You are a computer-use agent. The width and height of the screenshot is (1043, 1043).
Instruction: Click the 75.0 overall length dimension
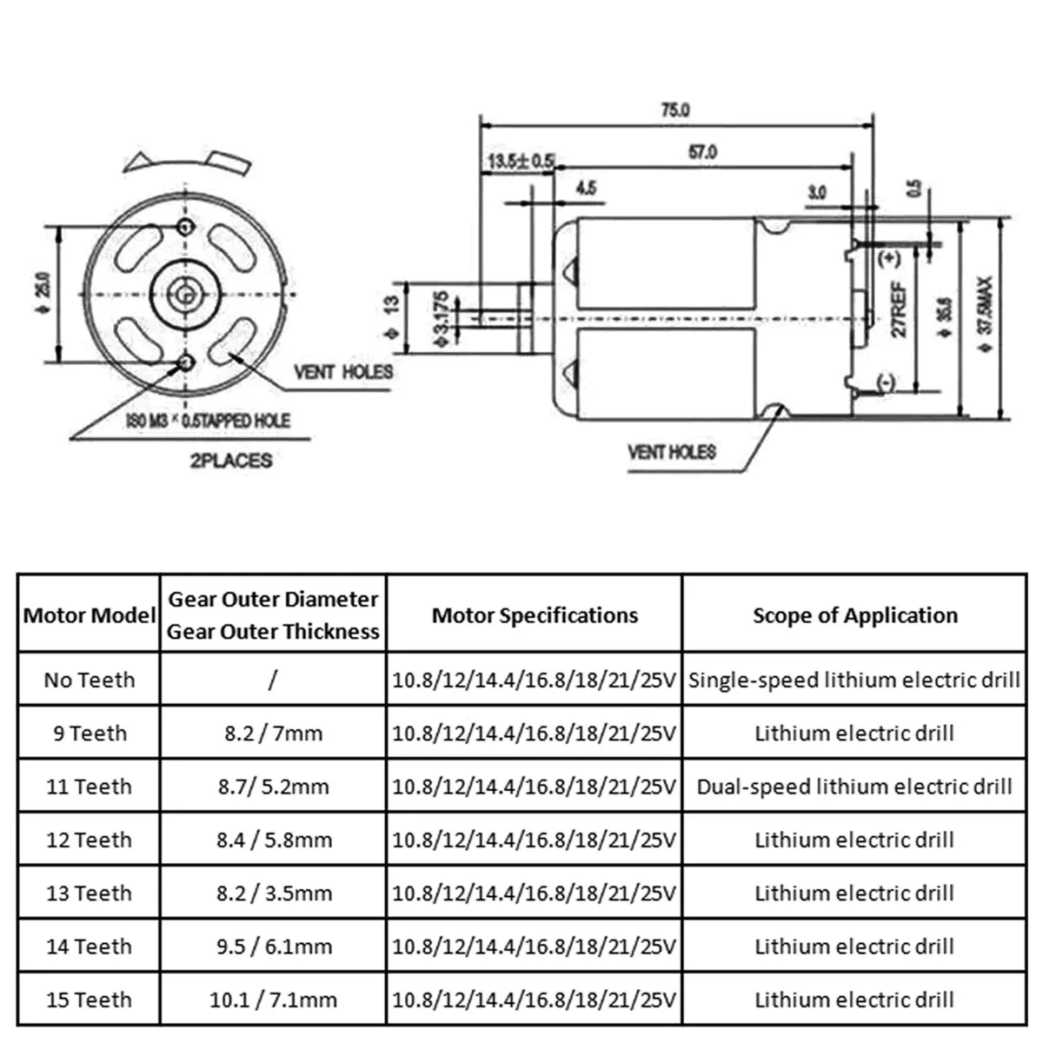tap(675, 110)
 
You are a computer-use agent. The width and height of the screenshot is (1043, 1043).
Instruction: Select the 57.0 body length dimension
tap(702, 152)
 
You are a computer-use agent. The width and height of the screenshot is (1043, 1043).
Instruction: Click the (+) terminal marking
tap(889, 258)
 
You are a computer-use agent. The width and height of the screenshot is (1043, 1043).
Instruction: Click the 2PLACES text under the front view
tap(230, 461)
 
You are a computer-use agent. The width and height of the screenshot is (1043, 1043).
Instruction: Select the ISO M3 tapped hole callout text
tap(208, 422)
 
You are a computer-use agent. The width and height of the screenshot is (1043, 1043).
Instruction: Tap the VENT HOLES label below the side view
tap(672, 452)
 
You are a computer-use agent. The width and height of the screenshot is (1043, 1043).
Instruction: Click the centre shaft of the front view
tap(183, 294)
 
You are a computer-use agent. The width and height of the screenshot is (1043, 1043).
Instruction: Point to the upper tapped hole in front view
tap(185, 228)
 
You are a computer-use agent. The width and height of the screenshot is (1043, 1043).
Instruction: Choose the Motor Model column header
tap(90, 615)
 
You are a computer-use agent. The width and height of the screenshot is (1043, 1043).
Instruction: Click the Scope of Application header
tap(854, 615)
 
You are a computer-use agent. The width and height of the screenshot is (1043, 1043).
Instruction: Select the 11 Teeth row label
tap(90, 787)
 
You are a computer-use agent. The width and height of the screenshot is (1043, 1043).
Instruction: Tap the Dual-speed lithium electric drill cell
tap(854, 787)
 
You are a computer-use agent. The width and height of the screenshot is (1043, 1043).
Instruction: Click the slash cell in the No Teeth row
tap(273, 680)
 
